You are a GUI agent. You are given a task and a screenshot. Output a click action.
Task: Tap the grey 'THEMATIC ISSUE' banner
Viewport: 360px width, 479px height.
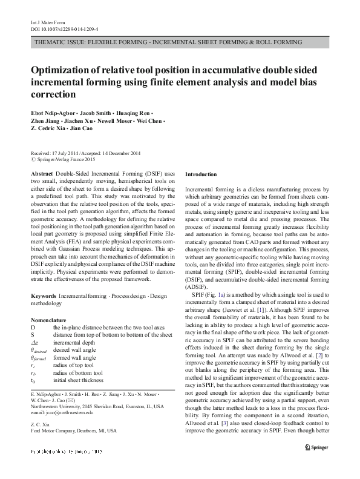pyautogui.click(x=169, y=43)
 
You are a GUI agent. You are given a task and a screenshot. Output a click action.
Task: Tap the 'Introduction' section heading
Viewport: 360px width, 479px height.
pyautogui.click(x=200, y=174)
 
